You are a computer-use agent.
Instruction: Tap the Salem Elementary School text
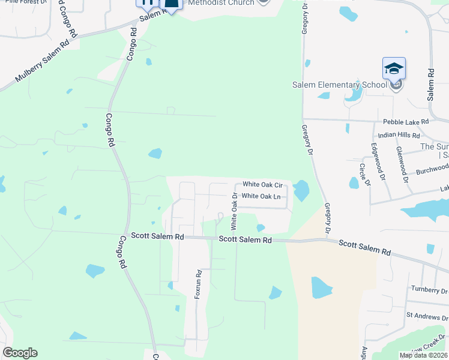click(x=339, y=85)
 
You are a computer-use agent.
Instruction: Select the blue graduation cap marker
click(x=394, y=69)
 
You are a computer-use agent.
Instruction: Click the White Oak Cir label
click(x=262, y=185)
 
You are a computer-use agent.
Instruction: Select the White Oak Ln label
click(x=261, y=196)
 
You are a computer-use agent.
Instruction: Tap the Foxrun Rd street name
click(x=197, y=284)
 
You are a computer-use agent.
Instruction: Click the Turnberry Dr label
click(x=429, y=289)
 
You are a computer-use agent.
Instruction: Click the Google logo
click(x=20, y=353)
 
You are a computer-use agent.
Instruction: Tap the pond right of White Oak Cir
click(x=301, y=191)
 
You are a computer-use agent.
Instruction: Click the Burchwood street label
click(x=432, y=170)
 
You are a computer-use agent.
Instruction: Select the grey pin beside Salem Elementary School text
click(x=396, y=85)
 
